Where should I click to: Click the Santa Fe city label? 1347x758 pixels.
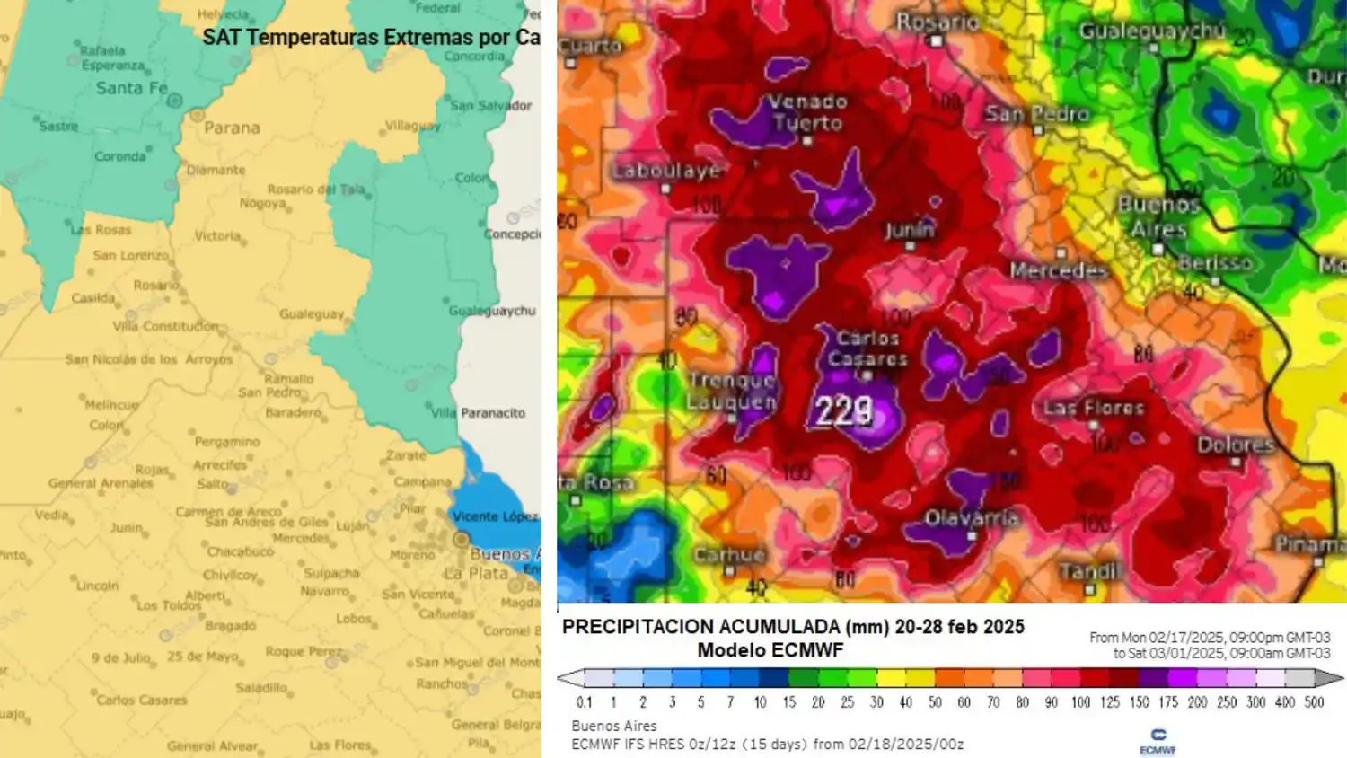(131, 88)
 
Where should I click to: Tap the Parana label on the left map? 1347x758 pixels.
(232, 128)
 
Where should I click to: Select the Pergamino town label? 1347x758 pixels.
(227, 442)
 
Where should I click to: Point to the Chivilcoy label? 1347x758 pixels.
(231, 575)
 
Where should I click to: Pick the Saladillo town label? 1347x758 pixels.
(261, 688)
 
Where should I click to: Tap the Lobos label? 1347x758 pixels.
(353, 619)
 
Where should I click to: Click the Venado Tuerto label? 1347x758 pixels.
(807, 112)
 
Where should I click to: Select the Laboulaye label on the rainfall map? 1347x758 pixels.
(666, 171)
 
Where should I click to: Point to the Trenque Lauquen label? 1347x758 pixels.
(732, 391)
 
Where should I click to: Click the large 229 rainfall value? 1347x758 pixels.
(843, 412)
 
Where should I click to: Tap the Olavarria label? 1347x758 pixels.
(971, 518)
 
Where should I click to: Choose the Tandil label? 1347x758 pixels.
(1089, 572)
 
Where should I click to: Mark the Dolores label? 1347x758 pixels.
(1236, 445)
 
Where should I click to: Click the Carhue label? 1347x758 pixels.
(728, 555)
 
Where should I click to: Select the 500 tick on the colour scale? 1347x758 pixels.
(1314, 702)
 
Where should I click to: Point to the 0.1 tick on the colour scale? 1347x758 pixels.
(585, 702)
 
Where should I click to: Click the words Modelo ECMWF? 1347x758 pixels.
(770, 650)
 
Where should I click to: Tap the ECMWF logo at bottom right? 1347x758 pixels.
(1158, 741)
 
